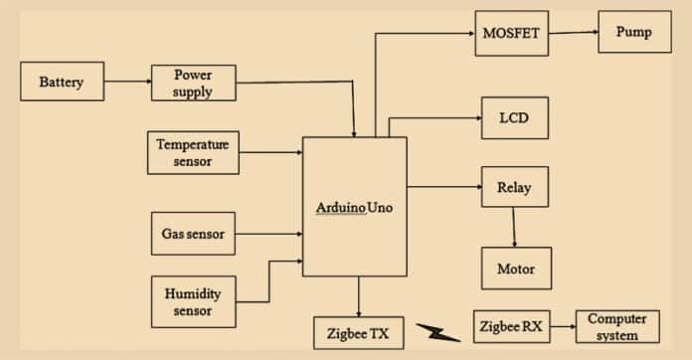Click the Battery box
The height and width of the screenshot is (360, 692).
coord(63,83)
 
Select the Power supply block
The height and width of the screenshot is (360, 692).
coord(194,83)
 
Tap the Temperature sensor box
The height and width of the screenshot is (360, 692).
coord(193,152)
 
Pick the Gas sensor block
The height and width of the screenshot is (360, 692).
coord(193,235)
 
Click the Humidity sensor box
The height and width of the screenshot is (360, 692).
coord(193,301)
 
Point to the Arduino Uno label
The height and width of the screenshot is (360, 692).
coord(355,206)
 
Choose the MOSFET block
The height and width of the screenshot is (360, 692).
coord(511,32)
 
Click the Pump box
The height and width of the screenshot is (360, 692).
coord(633,32)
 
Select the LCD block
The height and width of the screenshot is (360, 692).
coord(514,117)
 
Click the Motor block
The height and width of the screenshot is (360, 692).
coord(515,269)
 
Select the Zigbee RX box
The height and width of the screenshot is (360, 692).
coord(510,325)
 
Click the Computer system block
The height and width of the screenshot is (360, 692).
coord(616,326)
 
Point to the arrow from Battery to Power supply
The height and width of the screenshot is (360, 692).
coord(128,81)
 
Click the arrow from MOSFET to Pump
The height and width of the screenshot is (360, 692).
coord(573,32)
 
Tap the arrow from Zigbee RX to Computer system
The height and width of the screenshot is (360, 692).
coord(563,325)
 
